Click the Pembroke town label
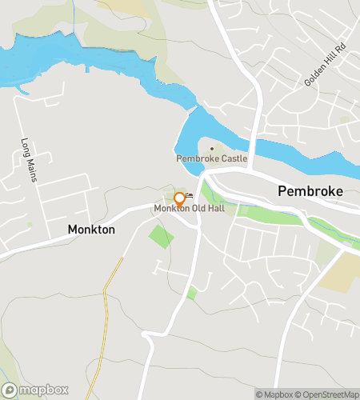point(310,191)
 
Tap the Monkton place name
point(91,230)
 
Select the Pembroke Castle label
point(212,158)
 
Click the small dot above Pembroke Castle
point(212,148)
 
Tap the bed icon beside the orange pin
point(190,195)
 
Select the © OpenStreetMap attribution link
point(327,394)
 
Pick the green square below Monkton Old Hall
point(161,237)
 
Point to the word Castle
point(233,158)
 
